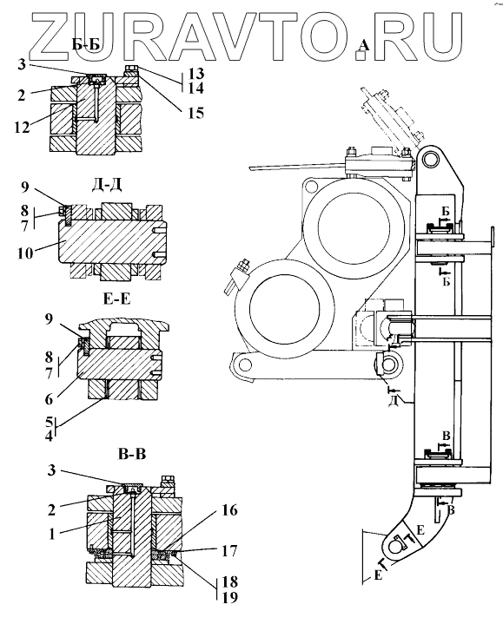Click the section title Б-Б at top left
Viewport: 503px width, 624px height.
pos(86,45)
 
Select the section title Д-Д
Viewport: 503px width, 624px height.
pos(106,186)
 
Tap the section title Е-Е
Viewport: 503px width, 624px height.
pos(116,299)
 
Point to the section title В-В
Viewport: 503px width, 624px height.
pos(132,454)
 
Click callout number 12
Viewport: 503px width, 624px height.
pos(22,128)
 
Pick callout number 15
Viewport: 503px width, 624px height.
pos(196,113)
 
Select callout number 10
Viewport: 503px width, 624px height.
pos(25,253)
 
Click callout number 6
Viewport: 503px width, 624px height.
pos(49,399)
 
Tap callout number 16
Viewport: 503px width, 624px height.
pos(229,510)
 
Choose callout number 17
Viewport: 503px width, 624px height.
pos(229,551)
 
